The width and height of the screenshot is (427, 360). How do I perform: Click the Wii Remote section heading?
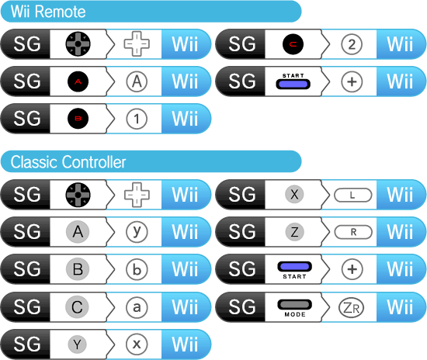pyautogui.click(x=48, y=12)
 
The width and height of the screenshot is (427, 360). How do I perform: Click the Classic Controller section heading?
pyautogui.click(x=68, y=162)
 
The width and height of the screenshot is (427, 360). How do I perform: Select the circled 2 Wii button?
pyautogui.click(x=352, y=44)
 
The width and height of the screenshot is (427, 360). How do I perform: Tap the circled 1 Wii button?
pyautogui.click(x=137, y=119)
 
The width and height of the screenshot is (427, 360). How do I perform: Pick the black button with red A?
pyautogui.click(x=78, y=81)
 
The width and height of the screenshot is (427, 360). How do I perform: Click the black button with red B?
pyautogui.click(x=78, y=119)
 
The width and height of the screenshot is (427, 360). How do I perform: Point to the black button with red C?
pyautogui.click(x=293, y=44)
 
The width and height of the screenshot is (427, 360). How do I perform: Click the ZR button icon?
pyautogui.click(x=351, y=307)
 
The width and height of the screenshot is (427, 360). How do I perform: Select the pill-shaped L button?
pyautogui.click(x=353, y=195)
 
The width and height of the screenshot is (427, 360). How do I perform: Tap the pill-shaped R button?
pyautogui.click(x=353, y=232)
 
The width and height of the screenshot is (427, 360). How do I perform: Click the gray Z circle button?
pyautogui.click(x=294, y=232)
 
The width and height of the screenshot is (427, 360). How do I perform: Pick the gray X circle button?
pyautogui.click(x=294, y=194)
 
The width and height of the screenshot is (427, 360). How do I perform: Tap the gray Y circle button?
pyautogui.click(x=78, y=344)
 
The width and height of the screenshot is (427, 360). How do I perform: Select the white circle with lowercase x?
pyautogui.click(x=137, y=344)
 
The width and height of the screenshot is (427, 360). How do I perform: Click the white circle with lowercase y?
pyautogui.click(x=137, y=232)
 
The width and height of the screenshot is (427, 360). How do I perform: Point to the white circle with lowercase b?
pyautogui.click(x=137, y=269)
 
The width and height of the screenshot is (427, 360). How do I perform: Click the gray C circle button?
pyautogui.click(x=77, y=306)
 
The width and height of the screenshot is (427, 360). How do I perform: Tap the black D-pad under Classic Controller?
pyautogui.click(x=78, y=195)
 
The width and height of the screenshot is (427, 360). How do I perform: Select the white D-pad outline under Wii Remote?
pyautogui.click(x=137, y=43)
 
